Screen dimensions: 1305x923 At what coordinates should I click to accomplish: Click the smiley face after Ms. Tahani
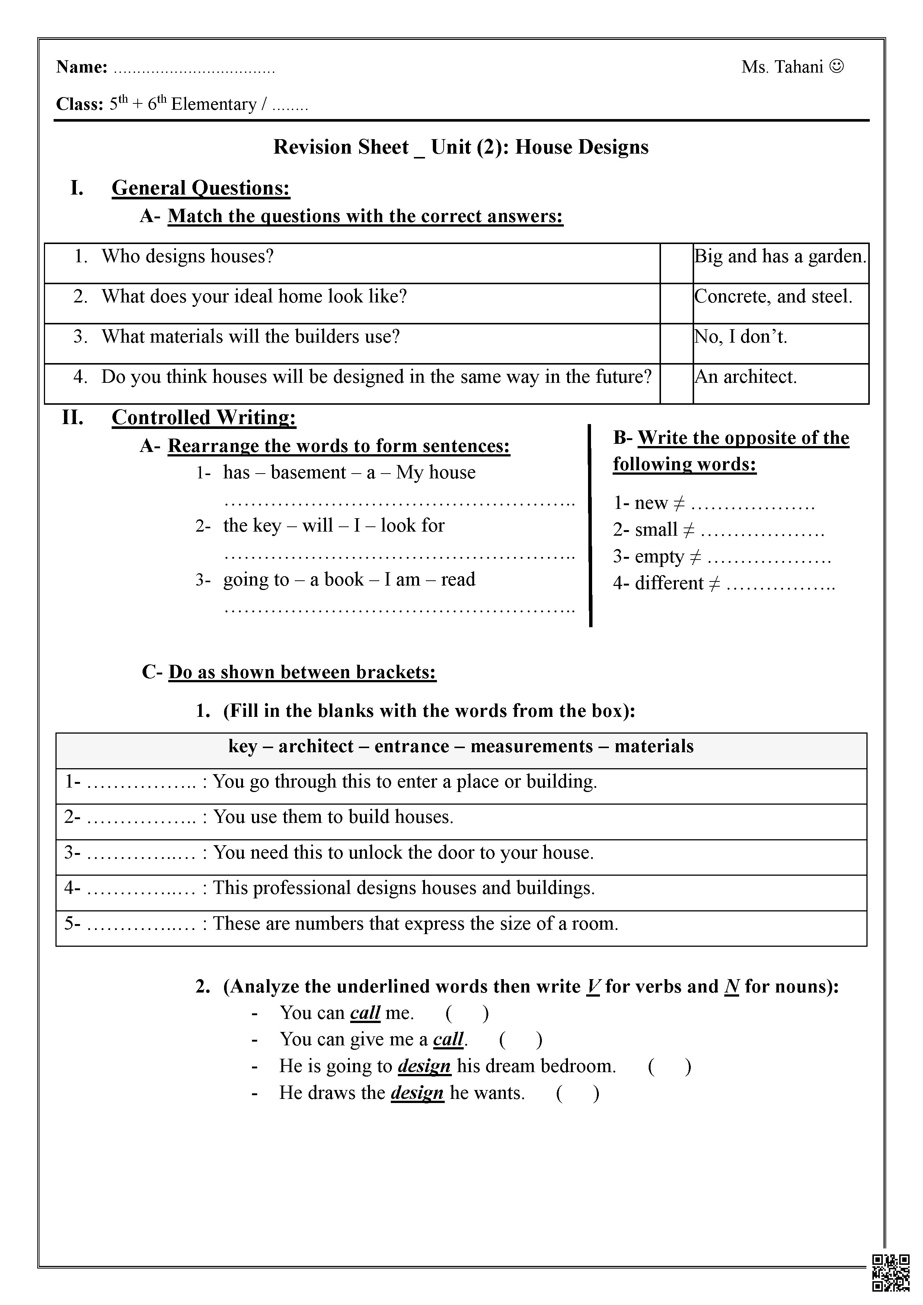837,67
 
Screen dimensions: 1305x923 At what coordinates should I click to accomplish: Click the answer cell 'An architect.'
745,377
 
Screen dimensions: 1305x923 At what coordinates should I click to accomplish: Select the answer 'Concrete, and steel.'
773,296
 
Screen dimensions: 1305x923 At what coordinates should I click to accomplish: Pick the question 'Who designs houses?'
188,256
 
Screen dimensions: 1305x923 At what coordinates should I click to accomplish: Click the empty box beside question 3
676,343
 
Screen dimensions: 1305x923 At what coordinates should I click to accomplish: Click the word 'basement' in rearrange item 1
308,472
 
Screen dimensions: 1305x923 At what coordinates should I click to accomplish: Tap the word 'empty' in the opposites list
658,556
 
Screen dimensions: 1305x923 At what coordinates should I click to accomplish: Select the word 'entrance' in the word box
412,746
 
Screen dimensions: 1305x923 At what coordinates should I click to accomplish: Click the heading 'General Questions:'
201,187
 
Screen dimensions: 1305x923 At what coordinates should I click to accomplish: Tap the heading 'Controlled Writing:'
204,417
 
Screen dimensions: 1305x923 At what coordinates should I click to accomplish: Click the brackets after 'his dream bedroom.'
669,1066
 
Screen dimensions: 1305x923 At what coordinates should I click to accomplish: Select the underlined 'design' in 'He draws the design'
417,1093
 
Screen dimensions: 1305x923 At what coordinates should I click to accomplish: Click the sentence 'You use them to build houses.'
333,817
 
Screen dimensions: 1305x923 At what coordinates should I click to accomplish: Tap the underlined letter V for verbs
593,986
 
